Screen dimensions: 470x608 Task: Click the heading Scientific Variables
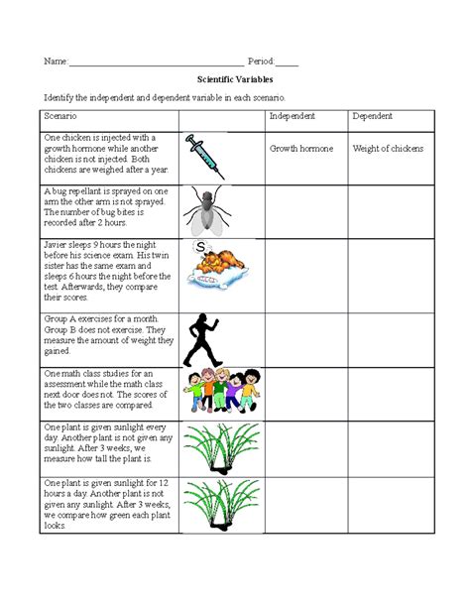235,78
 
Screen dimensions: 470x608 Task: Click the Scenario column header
62,117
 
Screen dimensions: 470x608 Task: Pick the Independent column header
293,117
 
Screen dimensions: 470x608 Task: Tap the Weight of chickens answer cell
388,150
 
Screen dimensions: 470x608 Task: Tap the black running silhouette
206,337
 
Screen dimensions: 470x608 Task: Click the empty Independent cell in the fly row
305,209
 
